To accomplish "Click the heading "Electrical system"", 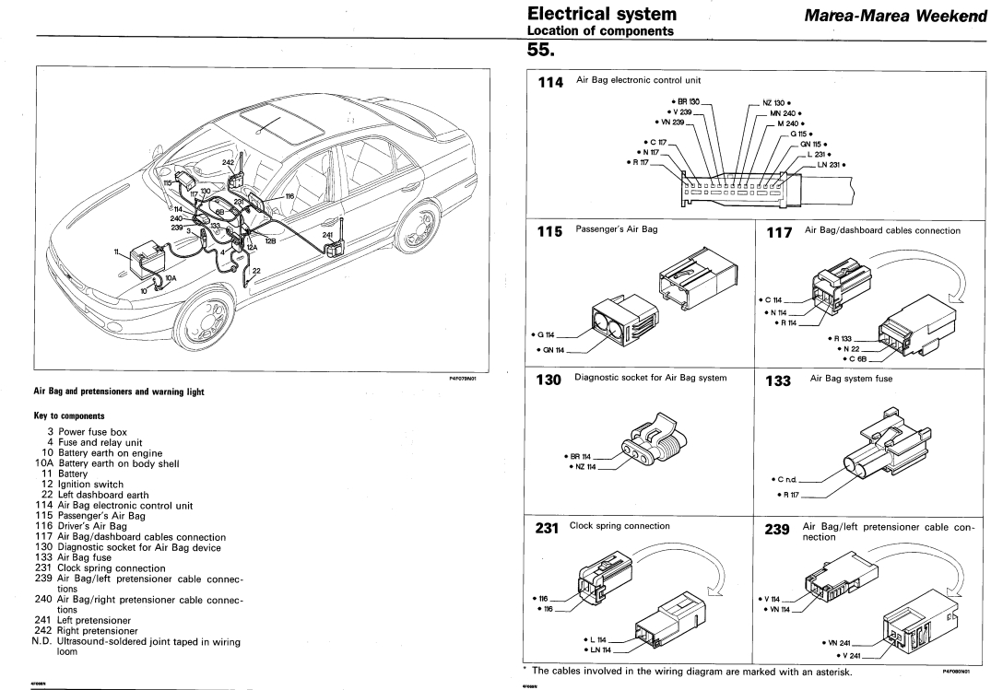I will (x=602, y=14).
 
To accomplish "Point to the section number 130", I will (x=550, y=379).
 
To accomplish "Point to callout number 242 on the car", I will (x=228, y=161).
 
